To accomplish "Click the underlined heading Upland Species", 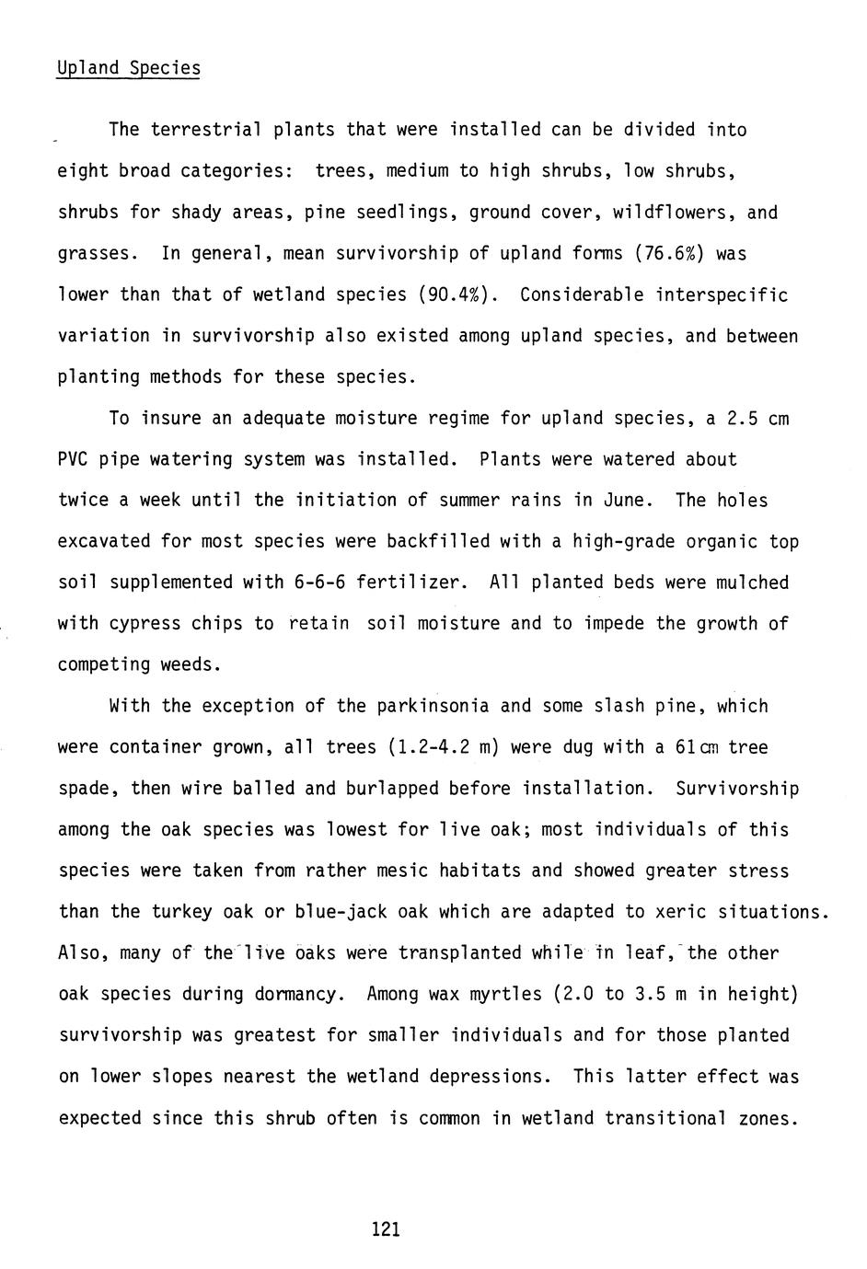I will click(x=128, y=69).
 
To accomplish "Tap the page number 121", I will click(x=386, y=1229).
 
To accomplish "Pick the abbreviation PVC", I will click(x=73, y=459).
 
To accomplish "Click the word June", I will click(x=628, y=501).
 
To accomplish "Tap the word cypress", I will click(x=144, y=624).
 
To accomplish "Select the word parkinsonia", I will click(x=433, y=707).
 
